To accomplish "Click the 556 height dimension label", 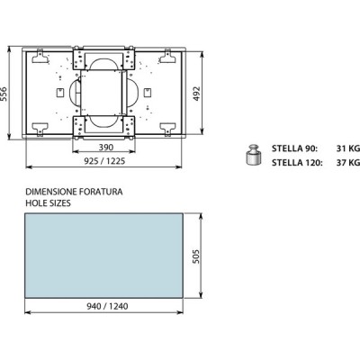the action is (4, 94).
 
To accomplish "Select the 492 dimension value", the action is (196, 94).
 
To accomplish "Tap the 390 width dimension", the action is (106, 148).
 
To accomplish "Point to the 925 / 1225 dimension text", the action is (104, 161).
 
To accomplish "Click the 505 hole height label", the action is (195, 256).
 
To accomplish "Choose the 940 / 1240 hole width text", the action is (107, 306).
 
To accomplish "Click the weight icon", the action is (254, 155).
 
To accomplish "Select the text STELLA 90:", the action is (294, 148).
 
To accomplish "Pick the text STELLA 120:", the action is (297, 163).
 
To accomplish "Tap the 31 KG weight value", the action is (348, 148).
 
